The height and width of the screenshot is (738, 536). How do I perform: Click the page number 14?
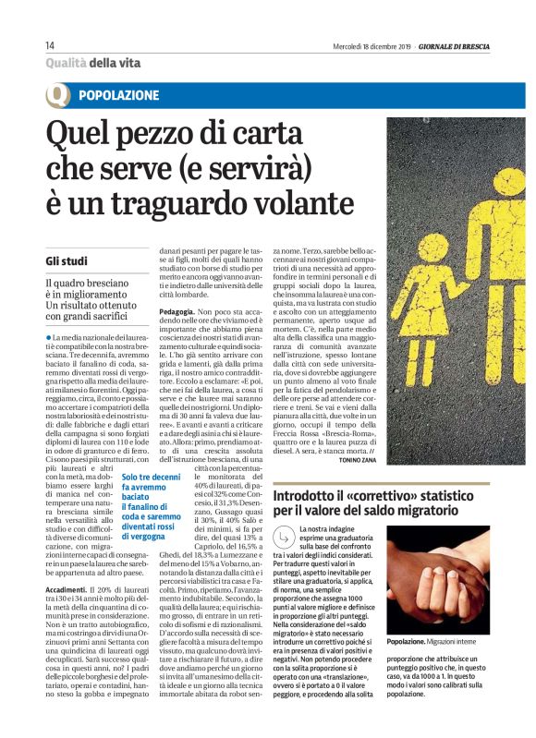pyautogui.click(x=51, y=46)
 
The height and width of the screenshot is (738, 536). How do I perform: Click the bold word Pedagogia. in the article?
pyautogui.click(x=180, y=313)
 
